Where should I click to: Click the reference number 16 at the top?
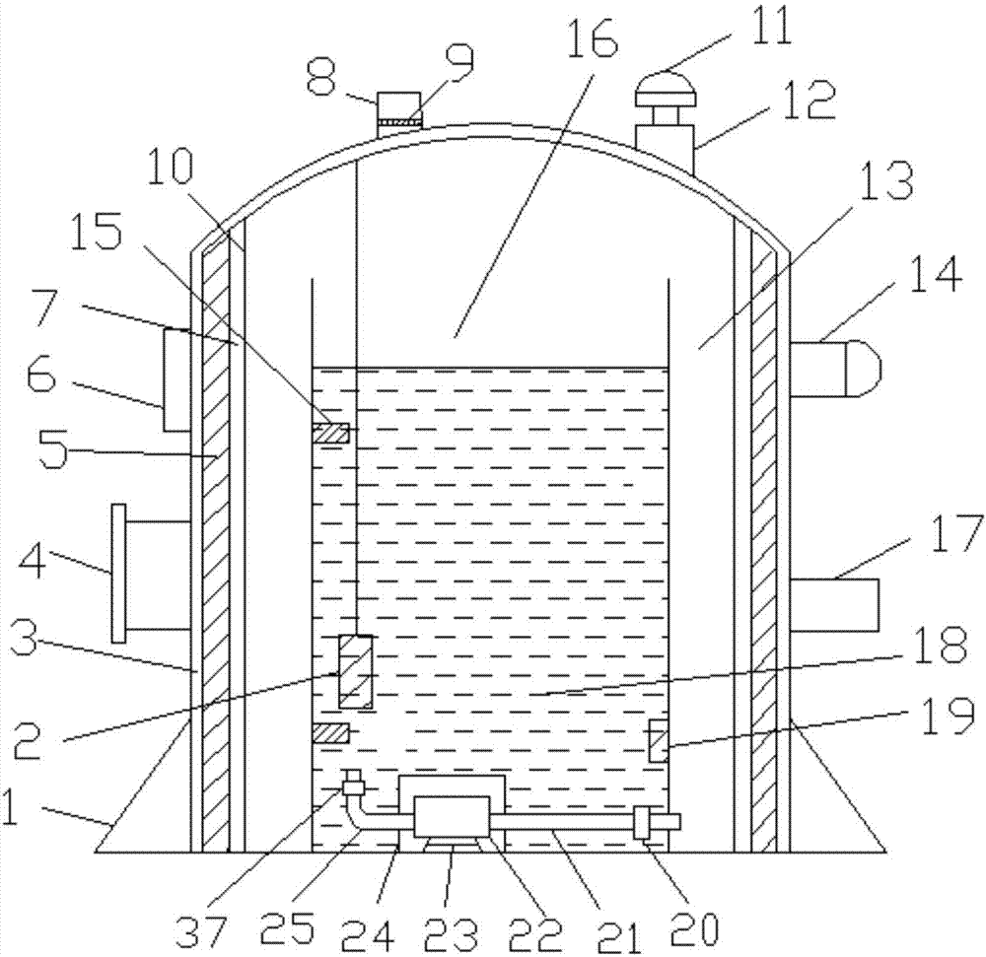coord(593,36)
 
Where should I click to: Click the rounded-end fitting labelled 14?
coord(834,369)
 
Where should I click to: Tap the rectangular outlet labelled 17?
coord(834,604)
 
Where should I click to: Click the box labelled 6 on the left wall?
coord(176,380)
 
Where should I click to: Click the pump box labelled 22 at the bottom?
coord(453,816)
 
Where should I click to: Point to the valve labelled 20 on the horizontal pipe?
coord(642,822)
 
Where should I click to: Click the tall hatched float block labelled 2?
coord(355,671)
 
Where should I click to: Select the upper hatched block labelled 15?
coord(330,433)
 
